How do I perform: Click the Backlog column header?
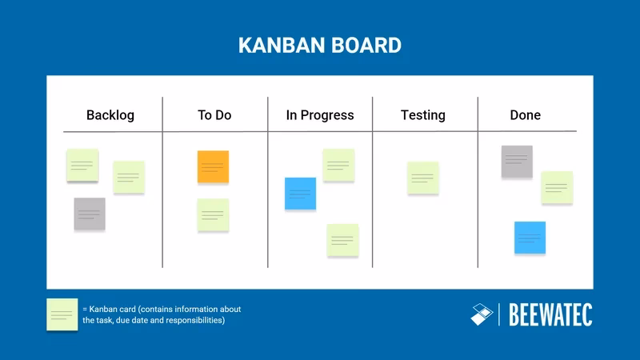coord(110,115)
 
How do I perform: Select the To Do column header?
coord(214,115)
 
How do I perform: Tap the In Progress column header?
coord(320,115)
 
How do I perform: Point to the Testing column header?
coord(423,115)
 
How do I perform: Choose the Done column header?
coord(526,115)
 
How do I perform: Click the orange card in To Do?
coord(213,166)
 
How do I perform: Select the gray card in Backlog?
coord(90,214)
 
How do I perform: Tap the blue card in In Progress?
coord(301,194)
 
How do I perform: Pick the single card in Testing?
coord(423,178)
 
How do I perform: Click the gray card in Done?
coord(517,162)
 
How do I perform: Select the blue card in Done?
coord(530,238)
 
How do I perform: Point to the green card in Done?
coord(557,187)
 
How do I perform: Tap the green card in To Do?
coord(213,215)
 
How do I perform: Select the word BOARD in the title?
coord(368,45)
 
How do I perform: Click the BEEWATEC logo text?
coord(551,315)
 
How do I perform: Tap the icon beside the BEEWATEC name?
coord(482,314)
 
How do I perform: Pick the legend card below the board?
coord(62,314)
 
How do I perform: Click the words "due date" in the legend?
coord(128,321)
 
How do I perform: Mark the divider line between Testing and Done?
coord(478,182)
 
